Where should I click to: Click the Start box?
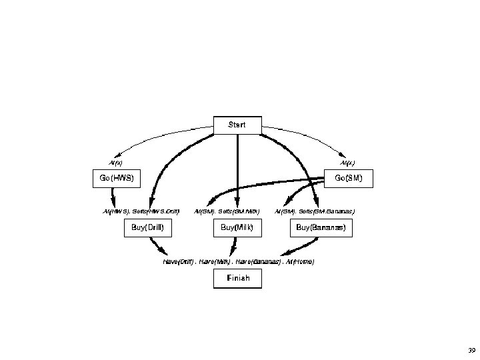click(x=237, y=125)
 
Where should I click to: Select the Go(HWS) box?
click(x=116, y=178)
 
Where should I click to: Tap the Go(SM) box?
click(x=349, y=178)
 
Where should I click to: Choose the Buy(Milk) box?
click(x=237, y=228)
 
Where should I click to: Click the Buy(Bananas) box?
click(x=321, y=228)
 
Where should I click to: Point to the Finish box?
click(x=237, y=278)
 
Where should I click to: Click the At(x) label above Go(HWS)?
click(x=115, y=162)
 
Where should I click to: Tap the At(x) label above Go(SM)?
click(x=347, y=162)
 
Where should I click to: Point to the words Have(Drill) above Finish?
click(x=179, y=261)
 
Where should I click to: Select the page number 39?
click(x=472, y=350)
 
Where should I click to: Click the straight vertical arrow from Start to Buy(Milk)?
click(x=237, y=173)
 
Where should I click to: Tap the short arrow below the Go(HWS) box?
click(x=113, y=197)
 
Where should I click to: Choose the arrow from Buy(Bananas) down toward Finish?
click(x=294, y=248)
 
